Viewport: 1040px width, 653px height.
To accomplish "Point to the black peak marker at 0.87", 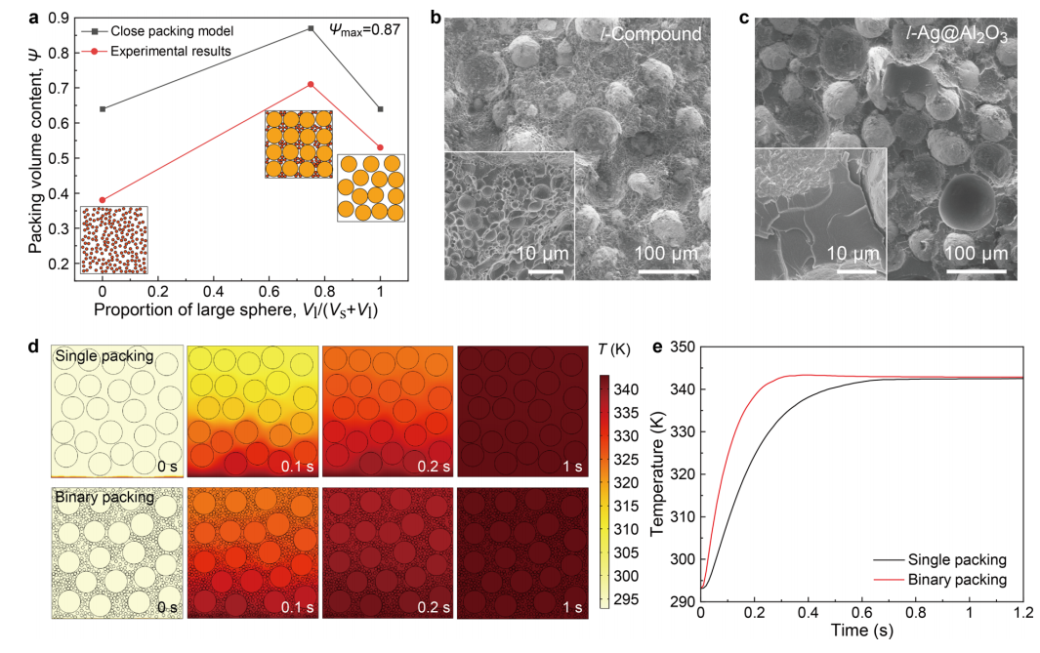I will coord(311,28).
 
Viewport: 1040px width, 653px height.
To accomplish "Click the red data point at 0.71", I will coord(311,84).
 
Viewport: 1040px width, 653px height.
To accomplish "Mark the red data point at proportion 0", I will coord(103,200).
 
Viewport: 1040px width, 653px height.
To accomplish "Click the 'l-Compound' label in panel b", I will coord(651,34).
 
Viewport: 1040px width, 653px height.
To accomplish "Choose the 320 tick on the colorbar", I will coord(629,482).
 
